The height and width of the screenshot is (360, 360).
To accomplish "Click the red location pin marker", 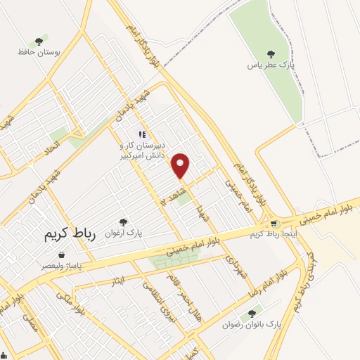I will tap(181, 166).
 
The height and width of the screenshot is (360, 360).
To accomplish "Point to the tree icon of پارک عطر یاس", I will tap(271, 54).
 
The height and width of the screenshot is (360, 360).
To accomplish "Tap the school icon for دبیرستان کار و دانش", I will tap(141, 134).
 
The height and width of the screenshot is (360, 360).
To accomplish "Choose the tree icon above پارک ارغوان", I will tap(124, 221).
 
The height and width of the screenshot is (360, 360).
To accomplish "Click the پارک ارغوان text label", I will tap(124, 232).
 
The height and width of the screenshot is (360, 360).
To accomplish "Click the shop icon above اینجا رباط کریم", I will tap(274, 224).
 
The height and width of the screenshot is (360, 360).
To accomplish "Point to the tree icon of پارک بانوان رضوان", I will tap(251, 314).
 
